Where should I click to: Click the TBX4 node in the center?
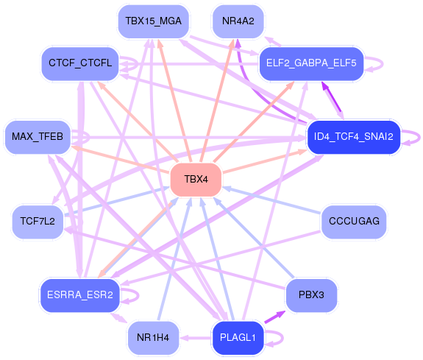pos(196,180)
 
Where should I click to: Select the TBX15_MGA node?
pos(153,21)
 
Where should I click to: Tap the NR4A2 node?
pos(238,21)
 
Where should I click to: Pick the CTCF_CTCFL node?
pos(80,63)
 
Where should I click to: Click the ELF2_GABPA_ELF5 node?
pos(311,63)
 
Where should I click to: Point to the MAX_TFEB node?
pos(38,137)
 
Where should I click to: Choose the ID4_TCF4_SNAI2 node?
pos(353,137)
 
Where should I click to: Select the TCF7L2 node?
pos(38,222)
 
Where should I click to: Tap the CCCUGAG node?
pos(354,222)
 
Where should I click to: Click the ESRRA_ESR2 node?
pos(80,295)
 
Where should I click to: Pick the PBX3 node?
pos(311,295)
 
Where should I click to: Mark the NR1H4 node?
pos(153,338)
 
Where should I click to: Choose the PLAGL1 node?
pos(238,338)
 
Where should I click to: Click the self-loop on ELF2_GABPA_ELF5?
pos(382,64)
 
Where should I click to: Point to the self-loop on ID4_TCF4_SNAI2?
pos(419,138)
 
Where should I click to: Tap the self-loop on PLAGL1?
pos(282,338)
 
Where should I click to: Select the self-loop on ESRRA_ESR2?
pos(138,295)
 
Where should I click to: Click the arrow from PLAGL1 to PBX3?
pos(275,317)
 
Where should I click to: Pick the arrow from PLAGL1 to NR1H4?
pos(196,338)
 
